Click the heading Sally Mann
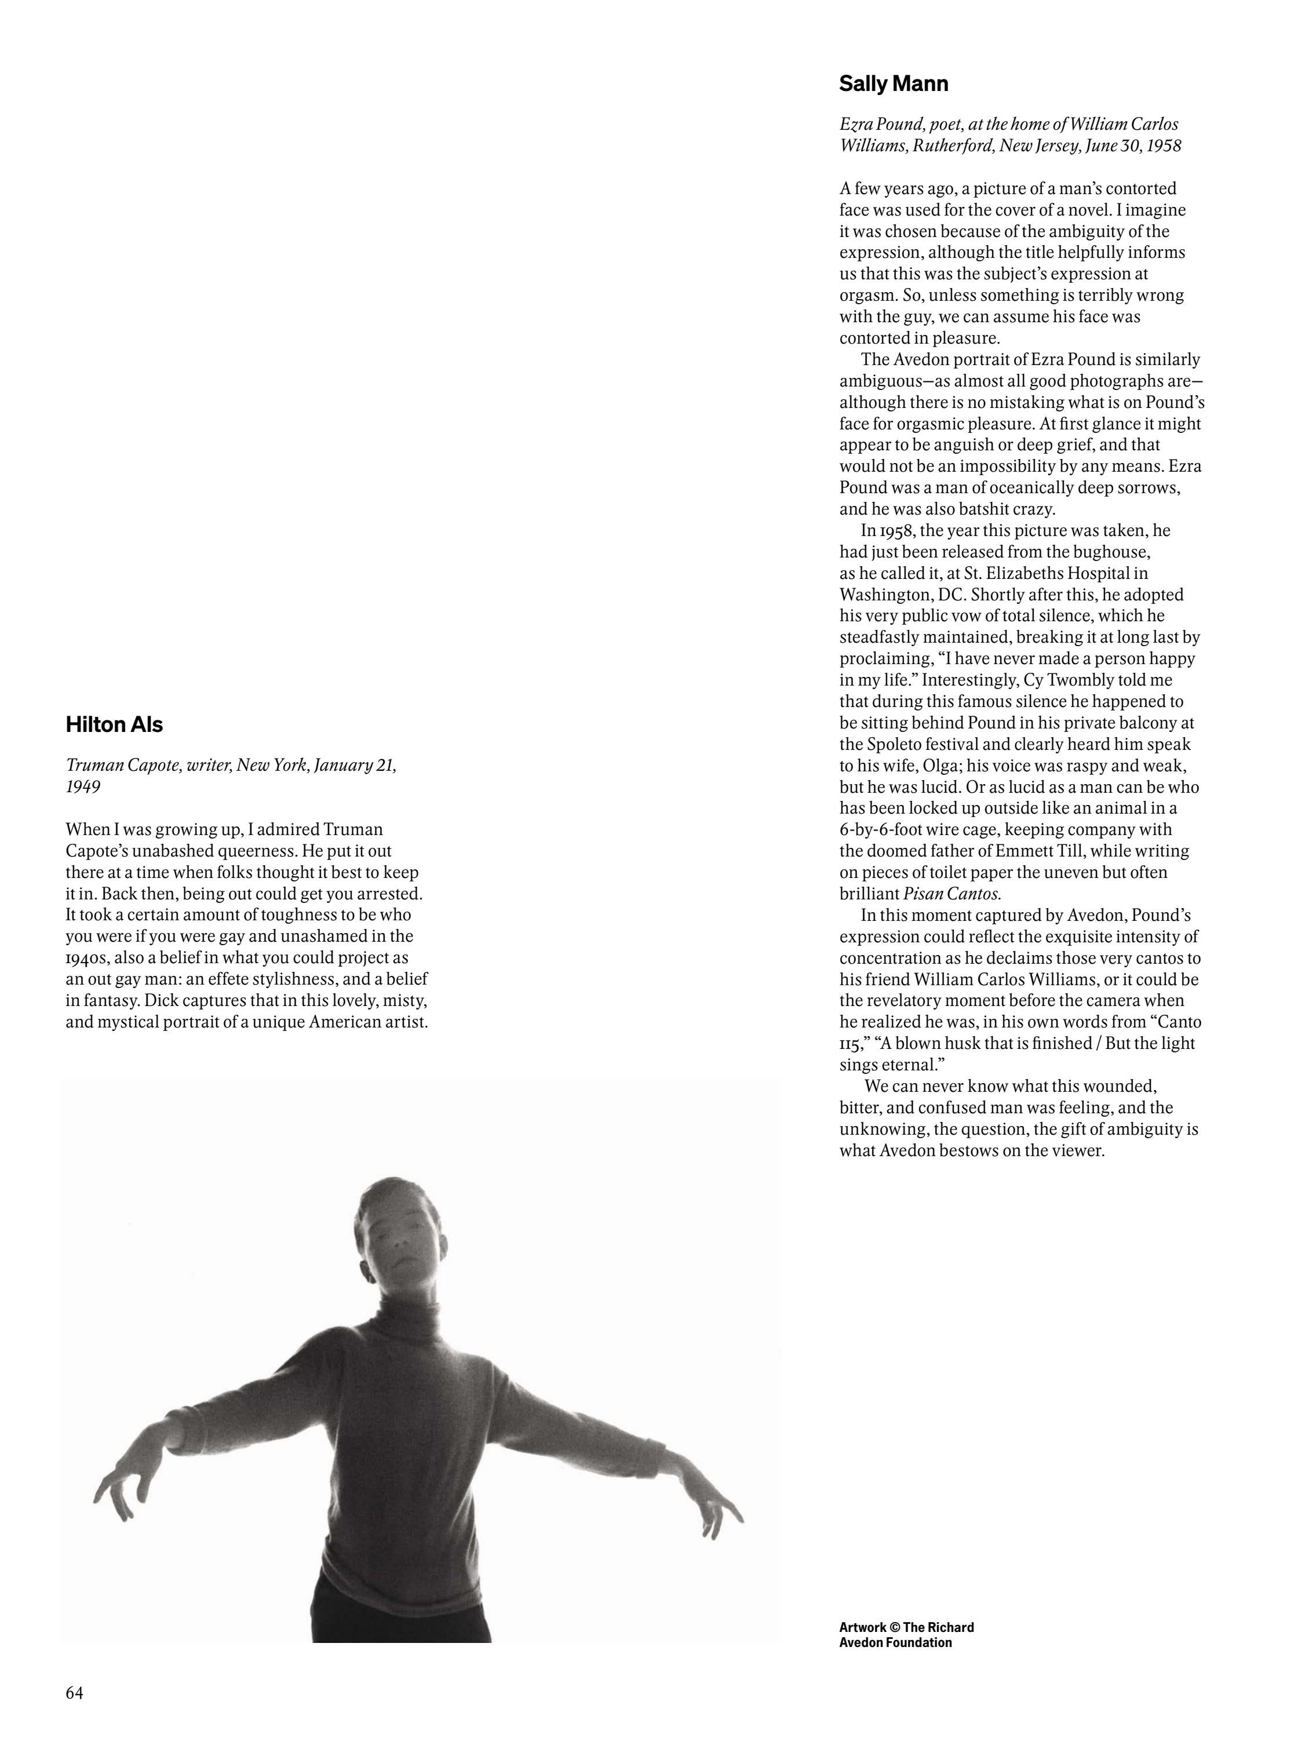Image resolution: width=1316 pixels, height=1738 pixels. tap(894, 84)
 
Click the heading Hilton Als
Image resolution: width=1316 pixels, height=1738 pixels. tap(114, 724)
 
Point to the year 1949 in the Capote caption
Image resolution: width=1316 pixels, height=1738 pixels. tap(83, 786)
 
